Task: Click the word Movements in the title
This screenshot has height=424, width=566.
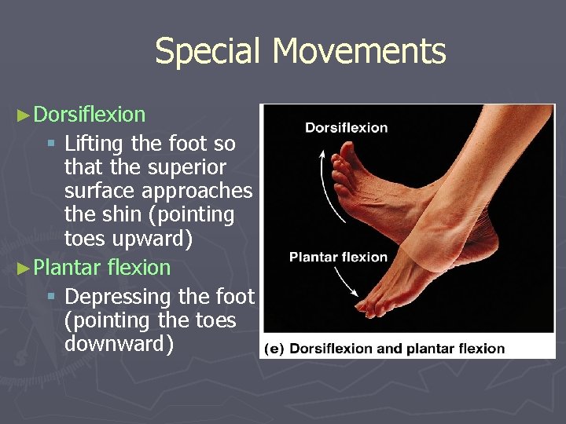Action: coord(359,52)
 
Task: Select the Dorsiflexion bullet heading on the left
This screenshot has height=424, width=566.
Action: coord(90,115)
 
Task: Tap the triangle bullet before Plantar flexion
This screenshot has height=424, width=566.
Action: coord(24,268)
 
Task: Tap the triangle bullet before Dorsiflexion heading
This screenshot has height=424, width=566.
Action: coord(24,115)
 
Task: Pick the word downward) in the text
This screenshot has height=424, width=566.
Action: coord(119,344)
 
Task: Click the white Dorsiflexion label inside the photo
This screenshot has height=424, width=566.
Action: coord(346,128)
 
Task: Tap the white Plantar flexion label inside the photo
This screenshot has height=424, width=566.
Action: coord(338,257)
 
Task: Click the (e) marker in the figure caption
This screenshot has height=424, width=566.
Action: coord(274,349)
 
